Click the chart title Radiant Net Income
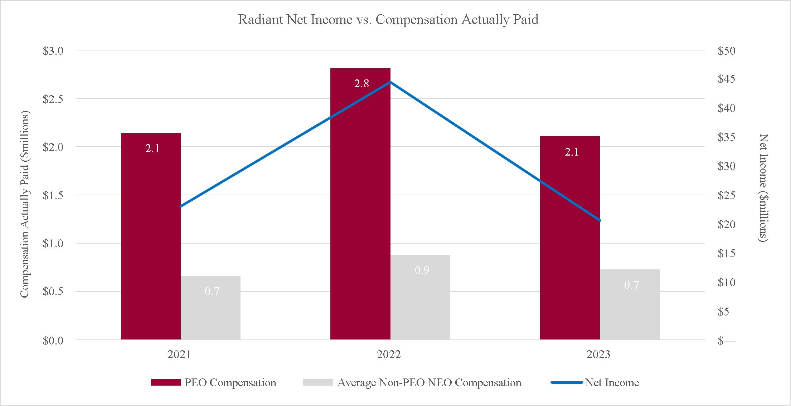(x=300, y=20)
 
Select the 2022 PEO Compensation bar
(x=360, y=204)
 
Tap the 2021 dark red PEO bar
(x=151, y=236)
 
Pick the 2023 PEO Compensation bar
(x=570, y=238)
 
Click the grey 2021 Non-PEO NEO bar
(x=210, y=308)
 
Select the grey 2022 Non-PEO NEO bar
(x=420, y=297)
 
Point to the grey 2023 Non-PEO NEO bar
(x=630, y=304)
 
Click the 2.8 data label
(x=361, y=84)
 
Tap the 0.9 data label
(x=422, y=270)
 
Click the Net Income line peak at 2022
(x=390, y=82)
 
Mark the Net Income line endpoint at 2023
(x=600, y=220)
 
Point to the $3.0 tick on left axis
(x=53, y=51)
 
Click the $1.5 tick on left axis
(x=53, y=195)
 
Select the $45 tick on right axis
(x=727, y=79)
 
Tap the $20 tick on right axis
(x=727, y=225)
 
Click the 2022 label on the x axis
(x=389, y=354)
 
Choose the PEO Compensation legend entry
(x=214, y=382)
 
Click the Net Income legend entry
(x=595, y=382)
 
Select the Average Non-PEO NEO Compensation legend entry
(x=412, y=382)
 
